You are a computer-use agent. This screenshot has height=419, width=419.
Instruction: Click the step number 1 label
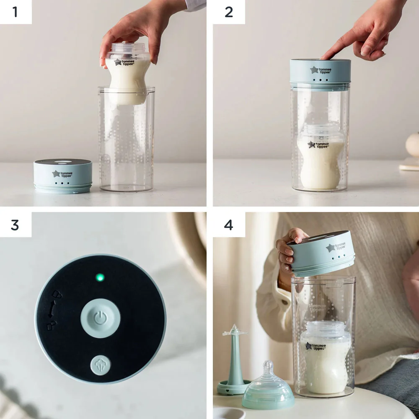[x=16, y=12]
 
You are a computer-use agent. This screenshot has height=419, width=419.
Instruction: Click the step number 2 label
[x=229, y=12]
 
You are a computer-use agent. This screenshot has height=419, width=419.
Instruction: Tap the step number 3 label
[x=16, y=225]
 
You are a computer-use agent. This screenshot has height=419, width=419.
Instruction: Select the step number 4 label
[x=229, y=225]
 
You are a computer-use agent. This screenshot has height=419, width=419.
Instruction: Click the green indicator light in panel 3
[x=100, y=277]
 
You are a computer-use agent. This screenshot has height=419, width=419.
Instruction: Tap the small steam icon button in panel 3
[x=101, y=365]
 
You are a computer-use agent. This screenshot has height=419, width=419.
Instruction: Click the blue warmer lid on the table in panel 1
[x=63, y=176]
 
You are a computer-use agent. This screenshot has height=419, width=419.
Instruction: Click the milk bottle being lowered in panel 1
[x=127, y=75]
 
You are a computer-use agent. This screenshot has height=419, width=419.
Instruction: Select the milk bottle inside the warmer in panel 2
[x=321, y=163]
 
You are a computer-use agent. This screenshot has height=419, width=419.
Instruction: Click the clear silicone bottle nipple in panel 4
[x=268, y=385]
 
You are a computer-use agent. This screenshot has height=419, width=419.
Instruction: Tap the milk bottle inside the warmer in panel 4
[x=325, y=356]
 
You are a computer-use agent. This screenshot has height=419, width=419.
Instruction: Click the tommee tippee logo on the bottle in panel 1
[x=124, y=62]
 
